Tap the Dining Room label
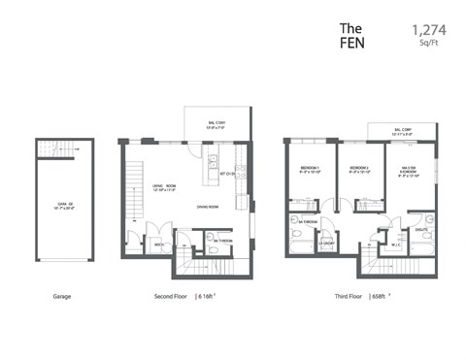(210, 207)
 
